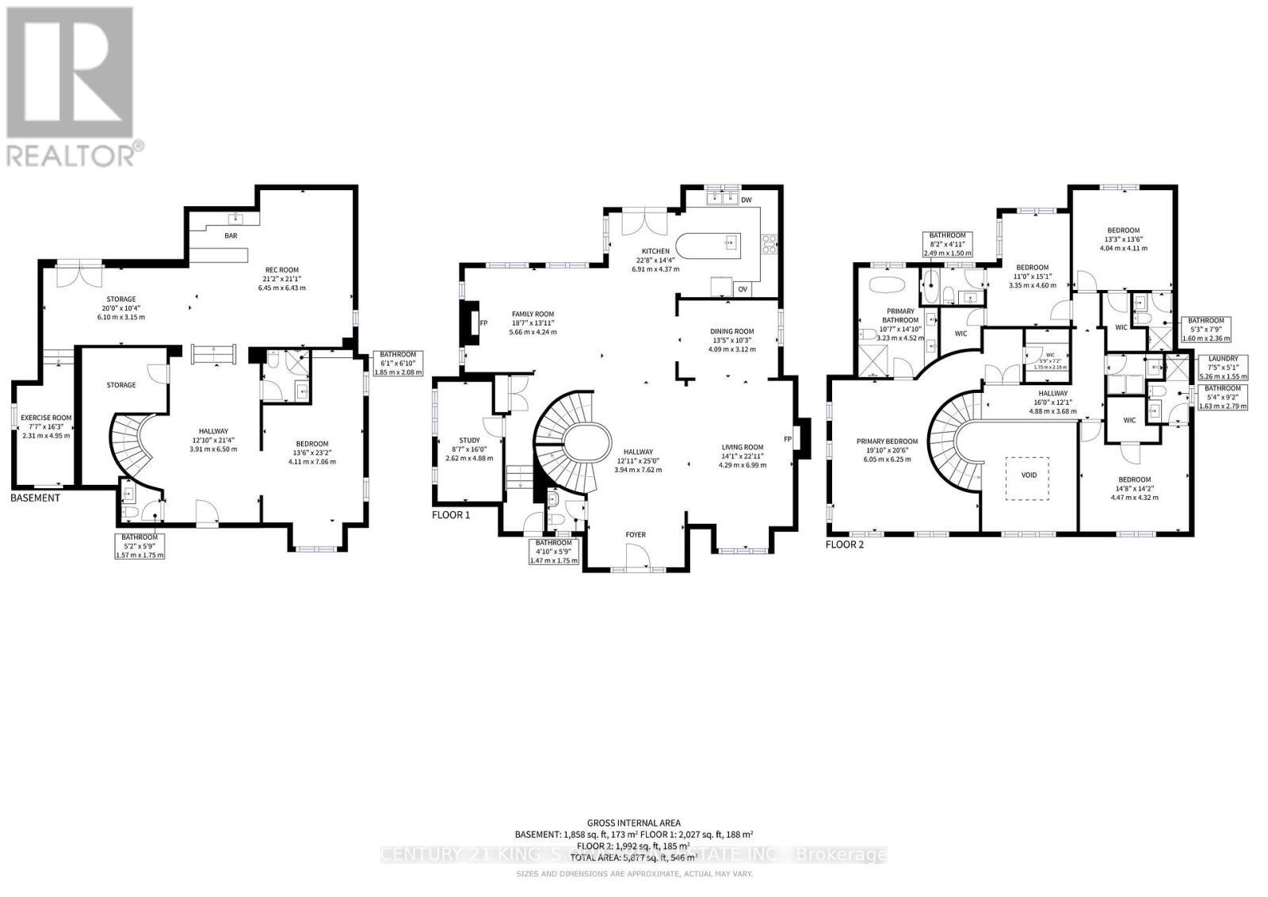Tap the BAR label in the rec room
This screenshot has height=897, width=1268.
pyautogui.click(x=231, y=235)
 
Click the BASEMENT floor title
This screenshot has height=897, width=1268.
pyautogui.click(x=35, y=498)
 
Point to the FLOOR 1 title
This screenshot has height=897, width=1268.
pyautogui.click(x=451, y=514)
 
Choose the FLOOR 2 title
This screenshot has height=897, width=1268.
pyautogui.click(x=845, y=544)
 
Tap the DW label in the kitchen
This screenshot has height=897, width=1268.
pyautogui.click(x=746, y=200)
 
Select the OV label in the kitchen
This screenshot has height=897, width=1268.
pyautogui.click(x=743, y=289)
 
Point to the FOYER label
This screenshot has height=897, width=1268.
pyautogui.click(x=636, y=534)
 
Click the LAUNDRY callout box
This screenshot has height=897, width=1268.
pyautogui.click(x=1224, y=367)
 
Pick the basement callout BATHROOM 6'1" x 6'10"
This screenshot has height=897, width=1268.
pyautogui.click(x=399, y=363)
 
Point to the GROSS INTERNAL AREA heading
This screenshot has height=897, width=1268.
pyautogui.click(x=633, y=823)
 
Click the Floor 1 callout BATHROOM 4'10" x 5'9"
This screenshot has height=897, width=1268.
pyautogui.click(x=554, y=552)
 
